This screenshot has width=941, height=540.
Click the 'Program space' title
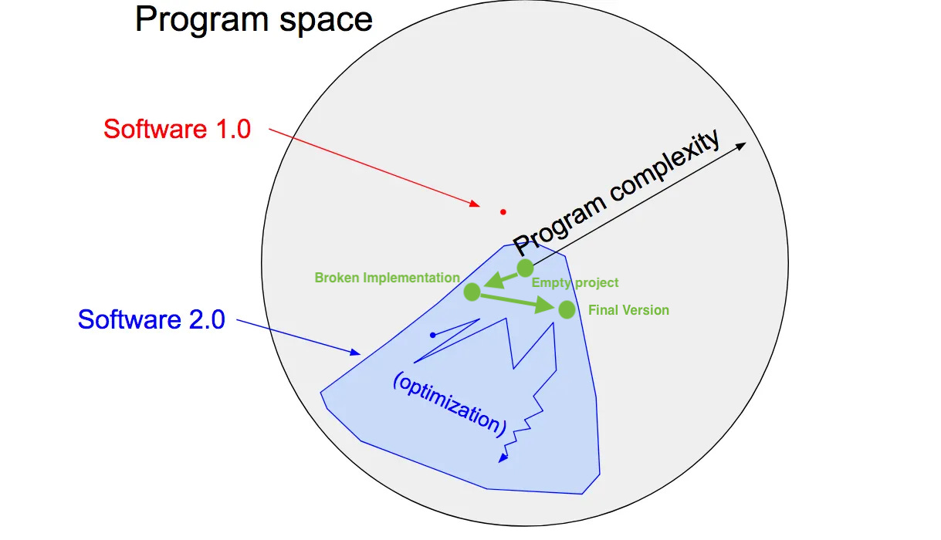click(x=253, y=20)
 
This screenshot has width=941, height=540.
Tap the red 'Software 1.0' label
click(x=177, y=129)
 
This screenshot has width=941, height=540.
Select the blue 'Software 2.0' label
click(x=151, y=319)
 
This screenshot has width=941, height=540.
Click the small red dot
click(x=503, y=211)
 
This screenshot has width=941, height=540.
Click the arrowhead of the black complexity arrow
click(x=742, y=146)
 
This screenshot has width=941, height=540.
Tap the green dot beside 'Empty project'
click(x=525, y=268)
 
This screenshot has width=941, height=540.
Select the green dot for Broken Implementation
click(x=472, y=292)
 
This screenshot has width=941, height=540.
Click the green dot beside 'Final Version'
click(x=567, y=309)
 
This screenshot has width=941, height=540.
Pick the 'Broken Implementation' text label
click(x=387, y=278)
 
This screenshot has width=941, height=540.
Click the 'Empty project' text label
click(x=575, y=283)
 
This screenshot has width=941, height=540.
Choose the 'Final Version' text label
click(x=628, y=310)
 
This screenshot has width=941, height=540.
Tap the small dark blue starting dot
click(x=433, y=335)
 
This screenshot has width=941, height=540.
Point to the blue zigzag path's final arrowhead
click(x=503, y=459)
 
